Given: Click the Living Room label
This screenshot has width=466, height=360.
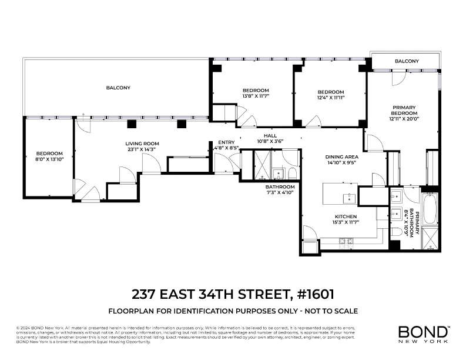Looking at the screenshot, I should click(142, 144).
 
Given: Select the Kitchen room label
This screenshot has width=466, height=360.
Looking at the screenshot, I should click(346, 216).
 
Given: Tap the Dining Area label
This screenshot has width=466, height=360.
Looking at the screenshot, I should click(342, 157).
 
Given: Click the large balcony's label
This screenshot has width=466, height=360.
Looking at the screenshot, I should click(118, 88).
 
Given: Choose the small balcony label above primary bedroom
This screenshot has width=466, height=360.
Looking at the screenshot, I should click(407, 61).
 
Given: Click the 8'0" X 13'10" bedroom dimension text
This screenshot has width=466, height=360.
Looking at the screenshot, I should click(49, 159).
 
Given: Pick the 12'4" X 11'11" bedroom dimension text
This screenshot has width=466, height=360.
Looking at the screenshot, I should click(331, 98).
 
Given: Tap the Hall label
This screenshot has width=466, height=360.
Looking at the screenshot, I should click(270, 136).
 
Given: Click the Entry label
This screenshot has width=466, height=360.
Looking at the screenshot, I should click(226, 142).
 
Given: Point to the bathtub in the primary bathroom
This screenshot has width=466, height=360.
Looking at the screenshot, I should click(430, 211).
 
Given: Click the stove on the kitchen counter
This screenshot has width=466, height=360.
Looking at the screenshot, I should click(346, 241).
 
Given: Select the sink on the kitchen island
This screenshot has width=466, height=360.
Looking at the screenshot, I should click(350, 197).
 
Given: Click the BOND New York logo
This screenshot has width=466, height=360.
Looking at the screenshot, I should click(423, 334).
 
